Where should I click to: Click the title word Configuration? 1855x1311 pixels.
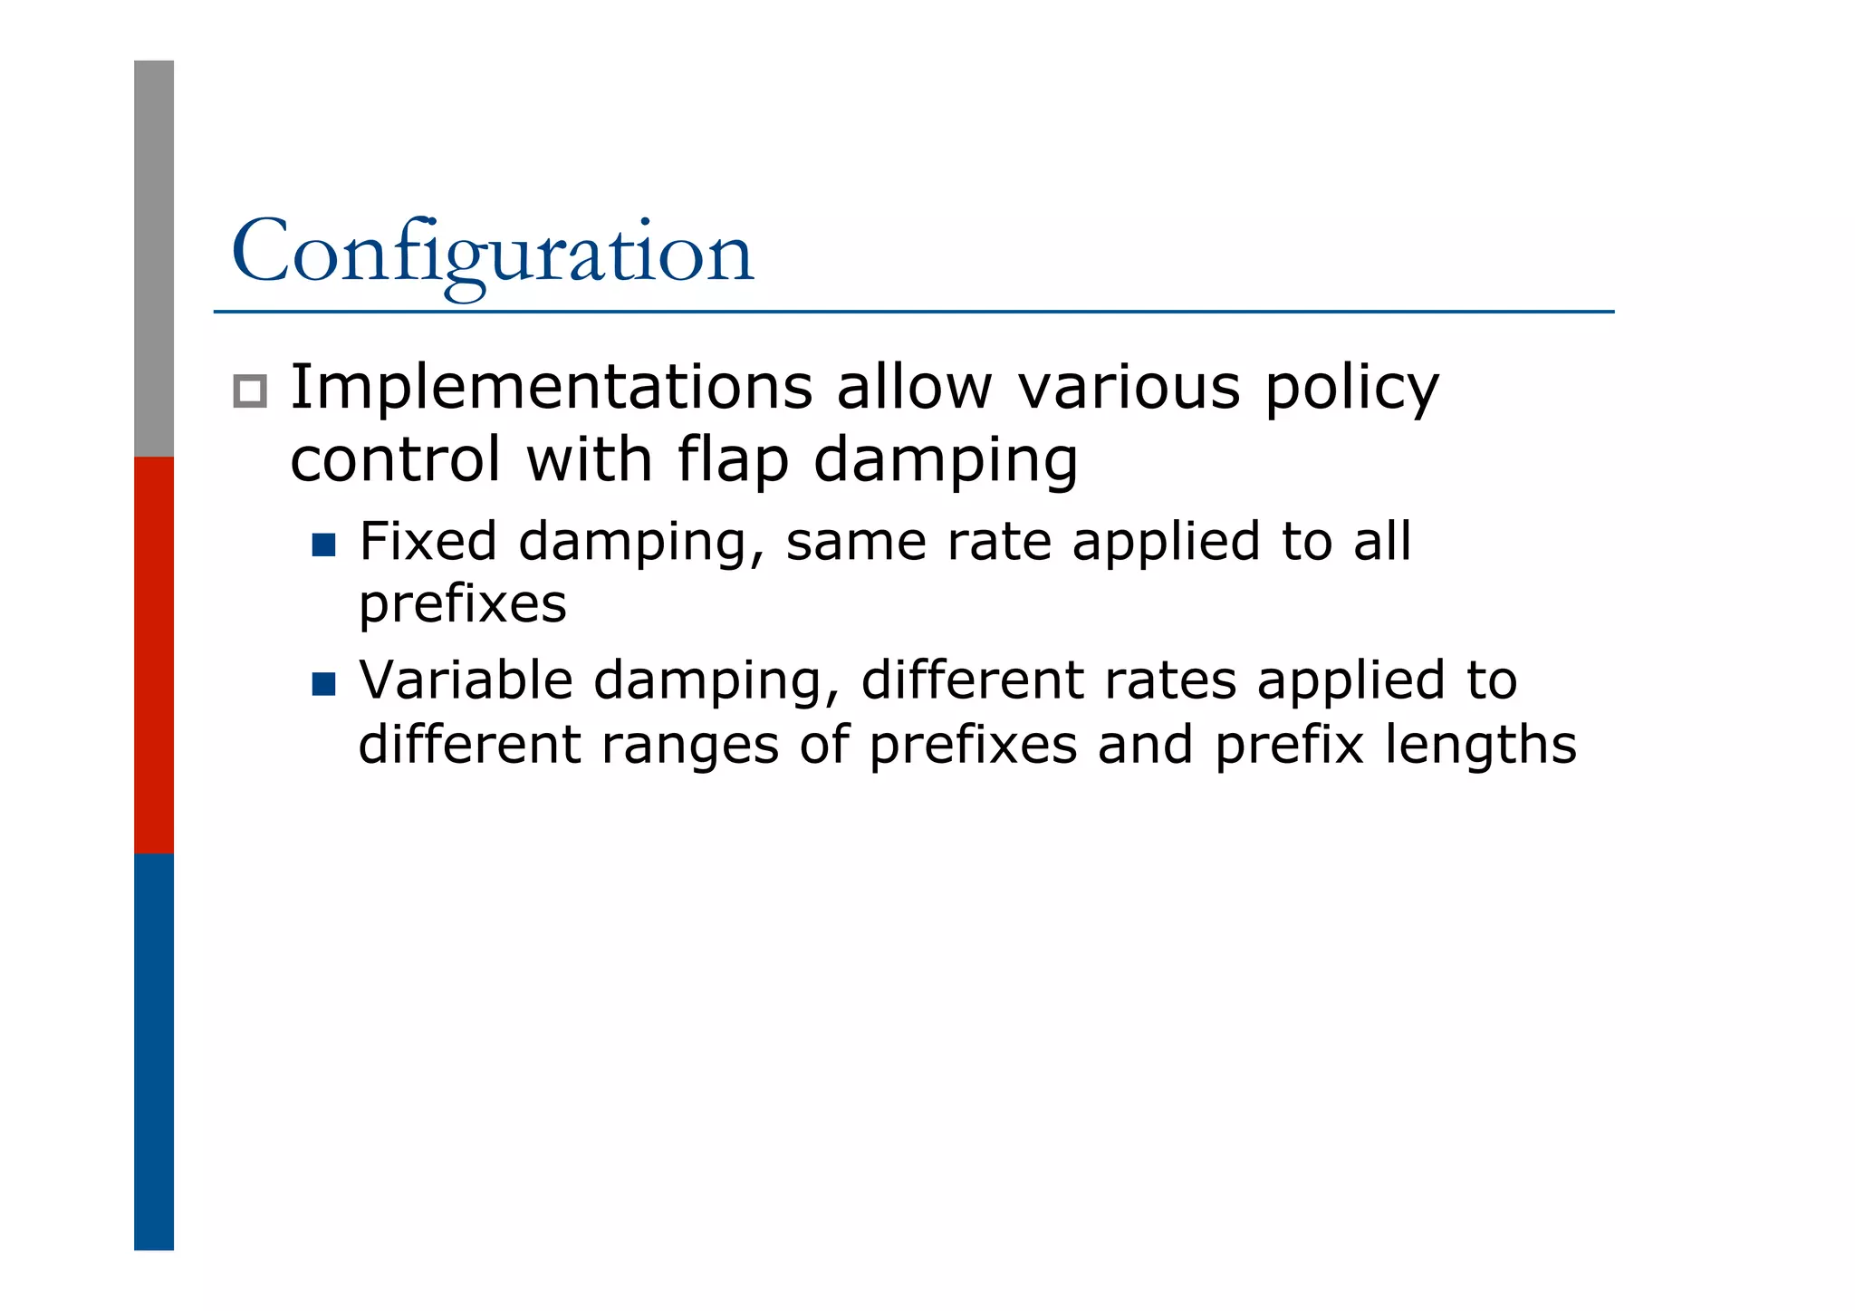[x=492, y=252]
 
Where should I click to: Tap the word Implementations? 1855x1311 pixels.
[x=551, y=388]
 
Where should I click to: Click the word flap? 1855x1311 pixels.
[x=732, y=460]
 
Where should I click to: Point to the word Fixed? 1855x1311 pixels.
[x=428, y=541]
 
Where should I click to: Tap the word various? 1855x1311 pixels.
[x=1128, y=388]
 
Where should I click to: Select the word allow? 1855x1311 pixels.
[x=914, y=388]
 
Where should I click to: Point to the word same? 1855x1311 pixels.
[x=854, y=542]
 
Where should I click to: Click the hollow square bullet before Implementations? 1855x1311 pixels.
[x=250, y=391]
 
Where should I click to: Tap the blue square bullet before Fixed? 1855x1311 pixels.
[x=323, y=545]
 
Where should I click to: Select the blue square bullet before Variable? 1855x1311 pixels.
[x=323, y=683]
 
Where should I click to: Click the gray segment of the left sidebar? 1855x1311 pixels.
[x=154, y=258]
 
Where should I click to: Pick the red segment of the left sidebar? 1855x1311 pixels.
[x=154, y=654]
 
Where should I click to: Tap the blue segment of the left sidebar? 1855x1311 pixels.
[x=154, y=1051]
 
